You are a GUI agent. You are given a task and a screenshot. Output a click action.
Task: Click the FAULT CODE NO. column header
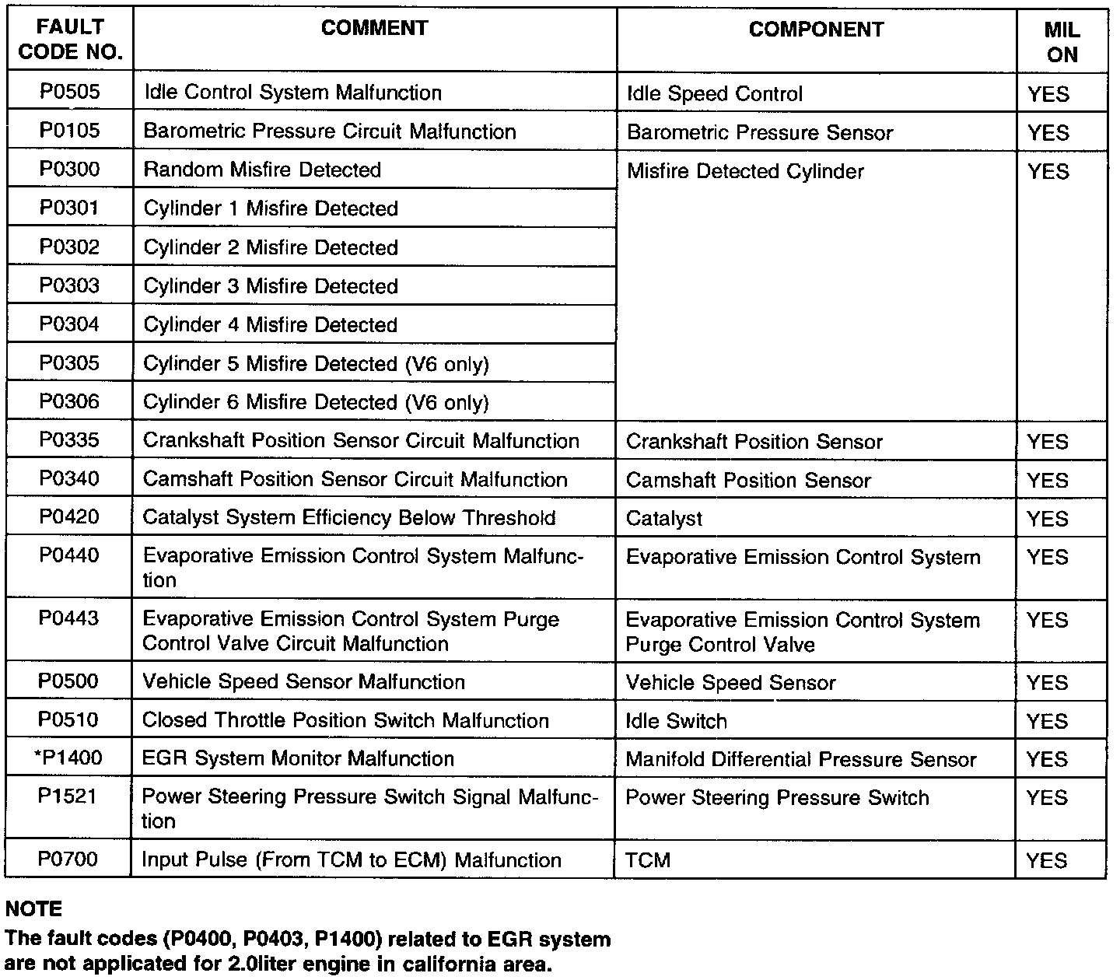click(70, 40)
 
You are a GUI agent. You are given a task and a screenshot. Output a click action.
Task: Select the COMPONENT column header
click(816, 30)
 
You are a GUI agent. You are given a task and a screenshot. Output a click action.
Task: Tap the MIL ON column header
click(1062, 42)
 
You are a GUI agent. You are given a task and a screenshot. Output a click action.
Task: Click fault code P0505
click(70, 92)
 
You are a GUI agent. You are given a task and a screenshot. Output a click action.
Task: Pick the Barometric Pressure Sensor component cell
click(759, 132)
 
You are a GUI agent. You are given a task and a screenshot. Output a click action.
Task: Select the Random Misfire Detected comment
click(262, 170)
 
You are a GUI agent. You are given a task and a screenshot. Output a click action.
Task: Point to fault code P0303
click(70, 285)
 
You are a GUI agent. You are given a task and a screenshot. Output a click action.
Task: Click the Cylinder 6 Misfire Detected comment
click(316, 402)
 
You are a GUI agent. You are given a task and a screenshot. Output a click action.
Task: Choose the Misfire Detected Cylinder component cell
click(745, 171)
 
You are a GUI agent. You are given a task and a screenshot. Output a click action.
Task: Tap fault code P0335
click(70, 440)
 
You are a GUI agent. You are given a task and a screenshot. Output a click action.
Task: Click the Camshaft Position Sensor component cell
click(748, 480)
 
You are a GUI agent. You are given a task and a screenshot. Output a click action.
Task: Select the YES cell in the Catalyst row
click(1048, 519)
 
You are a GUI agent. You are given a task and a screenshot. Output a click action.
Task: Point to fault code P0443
click(70, 618)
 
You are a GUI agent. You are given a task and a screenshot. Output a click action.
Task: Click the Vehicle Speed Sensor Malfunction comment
click(303, 681)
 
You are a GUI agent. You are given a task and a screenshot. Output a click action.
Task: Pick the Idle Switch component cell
click(676, 721)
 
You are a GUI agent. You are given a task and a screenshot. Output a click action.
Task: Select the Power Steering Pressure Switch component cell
click(777, 798)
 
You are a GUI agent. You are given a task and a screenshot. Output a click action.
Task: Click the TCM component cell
click(648, 860)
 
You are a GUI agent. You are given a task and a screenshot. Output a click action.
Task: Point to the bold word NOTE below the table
click(33, 908)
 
